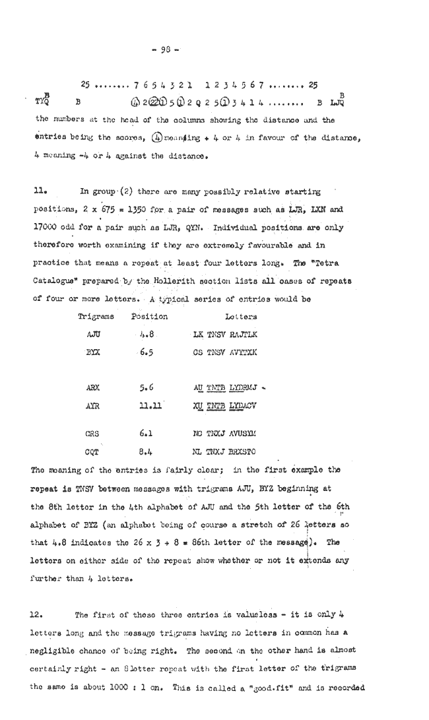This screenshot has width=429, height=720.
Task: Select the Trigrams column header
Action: pos(96,316)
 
